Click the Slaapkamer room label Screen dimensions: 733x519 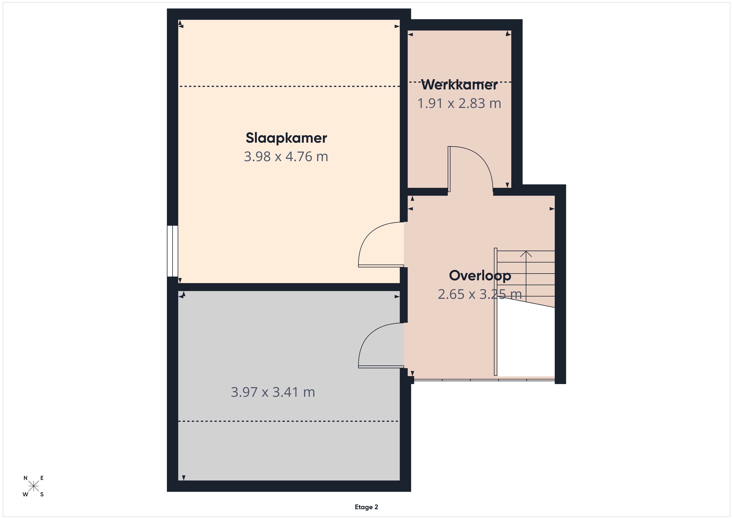[286, 138]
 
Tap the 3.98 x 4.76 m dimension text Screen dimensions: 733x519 [286, 157]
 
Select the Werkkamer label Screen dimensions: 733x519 [459, 85]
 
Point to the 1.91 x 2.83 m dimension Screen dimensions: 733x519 [459, 103]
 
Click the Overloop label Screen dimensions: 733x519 [480, 276]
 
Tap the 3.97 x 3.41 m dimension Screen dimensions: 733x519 [273, 392]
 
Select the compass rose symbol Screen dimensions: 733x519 [33, 486]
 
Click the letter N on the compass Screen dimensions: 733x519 [26, 478]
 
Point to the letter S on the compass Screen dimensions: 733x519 [42, 494]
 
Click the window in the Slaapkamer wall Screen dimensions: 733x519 [172, 251]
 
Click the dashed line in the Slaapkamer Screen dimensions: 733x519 [290, 86]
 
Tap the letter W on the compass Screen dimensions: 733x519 [25, 494]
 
